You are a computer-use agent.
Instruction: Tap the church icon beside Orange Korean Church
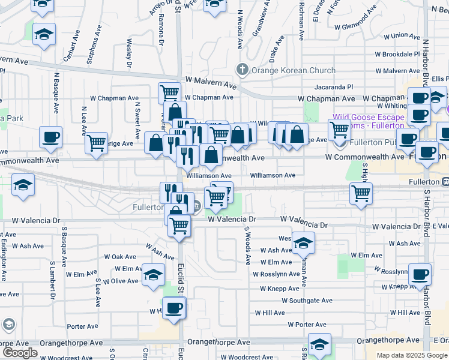tap(243, 69)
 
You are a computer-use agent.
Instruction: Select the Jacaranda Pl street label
tap(328, 87)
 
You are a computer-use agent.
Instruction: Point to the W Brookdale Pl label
tap(397, 54)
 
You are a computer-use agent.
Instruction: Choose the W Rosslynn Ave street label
tap(276, 274)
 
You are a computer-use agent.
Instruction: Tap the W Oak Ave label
tap(121, 256)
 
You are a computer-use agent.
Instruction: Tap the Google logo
tap(20, 353)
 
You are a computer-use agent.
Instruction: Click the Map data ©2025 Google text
tap(412, 355)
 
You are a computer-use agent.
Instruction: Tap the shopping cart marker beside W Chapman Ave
tap(170, 93)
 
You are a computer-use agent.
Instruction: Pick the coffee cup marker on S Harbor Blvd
tap(420, 274)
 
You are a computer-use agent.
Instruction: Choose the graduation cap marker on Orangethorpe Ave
tap(319, 344)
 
